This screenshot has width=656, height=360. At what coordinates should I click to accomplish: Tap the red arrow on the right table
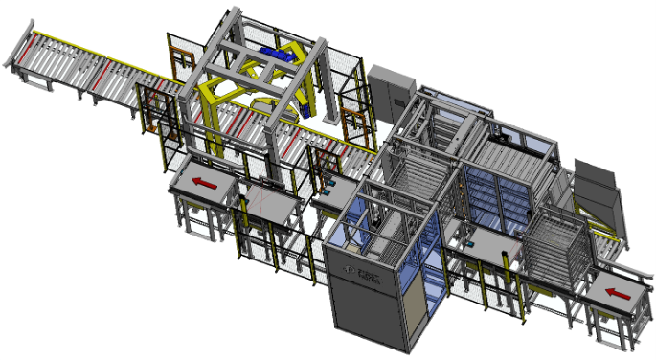(616, 294)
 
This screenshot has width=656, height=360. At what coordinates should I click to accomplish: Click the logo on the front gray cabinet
(367, 279)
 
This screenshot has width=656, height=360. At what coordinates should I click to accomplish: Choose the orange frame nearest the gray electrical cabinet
(351, 125)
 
